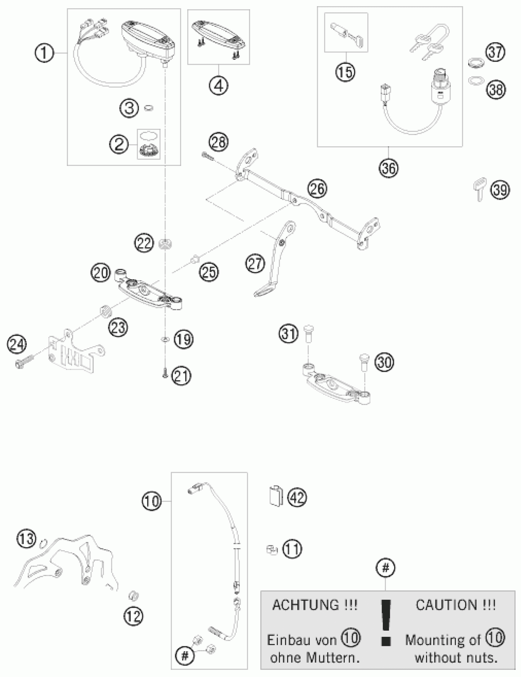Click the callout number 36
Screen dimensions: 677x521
click(389, 168)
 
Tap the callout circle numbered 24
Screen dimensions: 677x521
click(17, 344)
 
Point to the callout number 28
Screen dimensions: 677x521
click(219, 142)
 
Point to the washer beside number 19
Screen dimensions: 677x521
click(165, 340)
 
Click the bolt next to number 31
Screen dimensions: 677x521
click(308, 333)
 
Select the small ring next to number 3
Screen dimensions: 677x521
click(149, 108)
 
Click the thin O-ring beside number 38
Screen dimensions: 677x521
click(476, 81)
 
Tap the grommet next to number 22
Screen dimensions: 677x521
click(165, 244)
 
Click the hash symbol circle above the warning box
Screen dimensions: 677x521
click(385, 568)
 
